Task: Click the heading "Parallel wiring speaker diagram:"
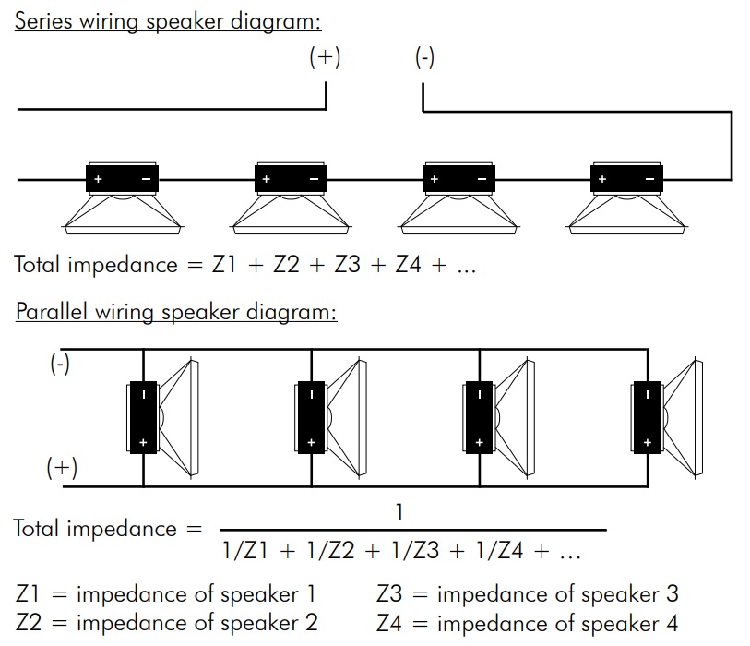tap(176, 311)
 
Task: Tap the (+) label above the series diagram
tap(325, 57)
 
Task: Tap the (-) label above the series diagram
tap(424, 57)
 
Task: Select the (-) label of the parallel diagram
tap(60, 363)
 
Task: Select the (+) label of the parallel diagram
tap(62, 467)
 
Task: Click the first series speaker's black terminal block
tap(122, 178)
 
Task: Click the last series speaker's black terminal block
tap(626, 178)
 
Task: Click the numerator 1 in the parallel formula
tap(399, 510)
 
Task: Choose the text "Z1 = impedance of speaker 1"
tap(165, 592)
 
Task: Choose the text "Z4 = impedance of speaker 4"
tap(528, 623)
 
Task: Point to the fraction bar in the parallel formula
tap(412, 531)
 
